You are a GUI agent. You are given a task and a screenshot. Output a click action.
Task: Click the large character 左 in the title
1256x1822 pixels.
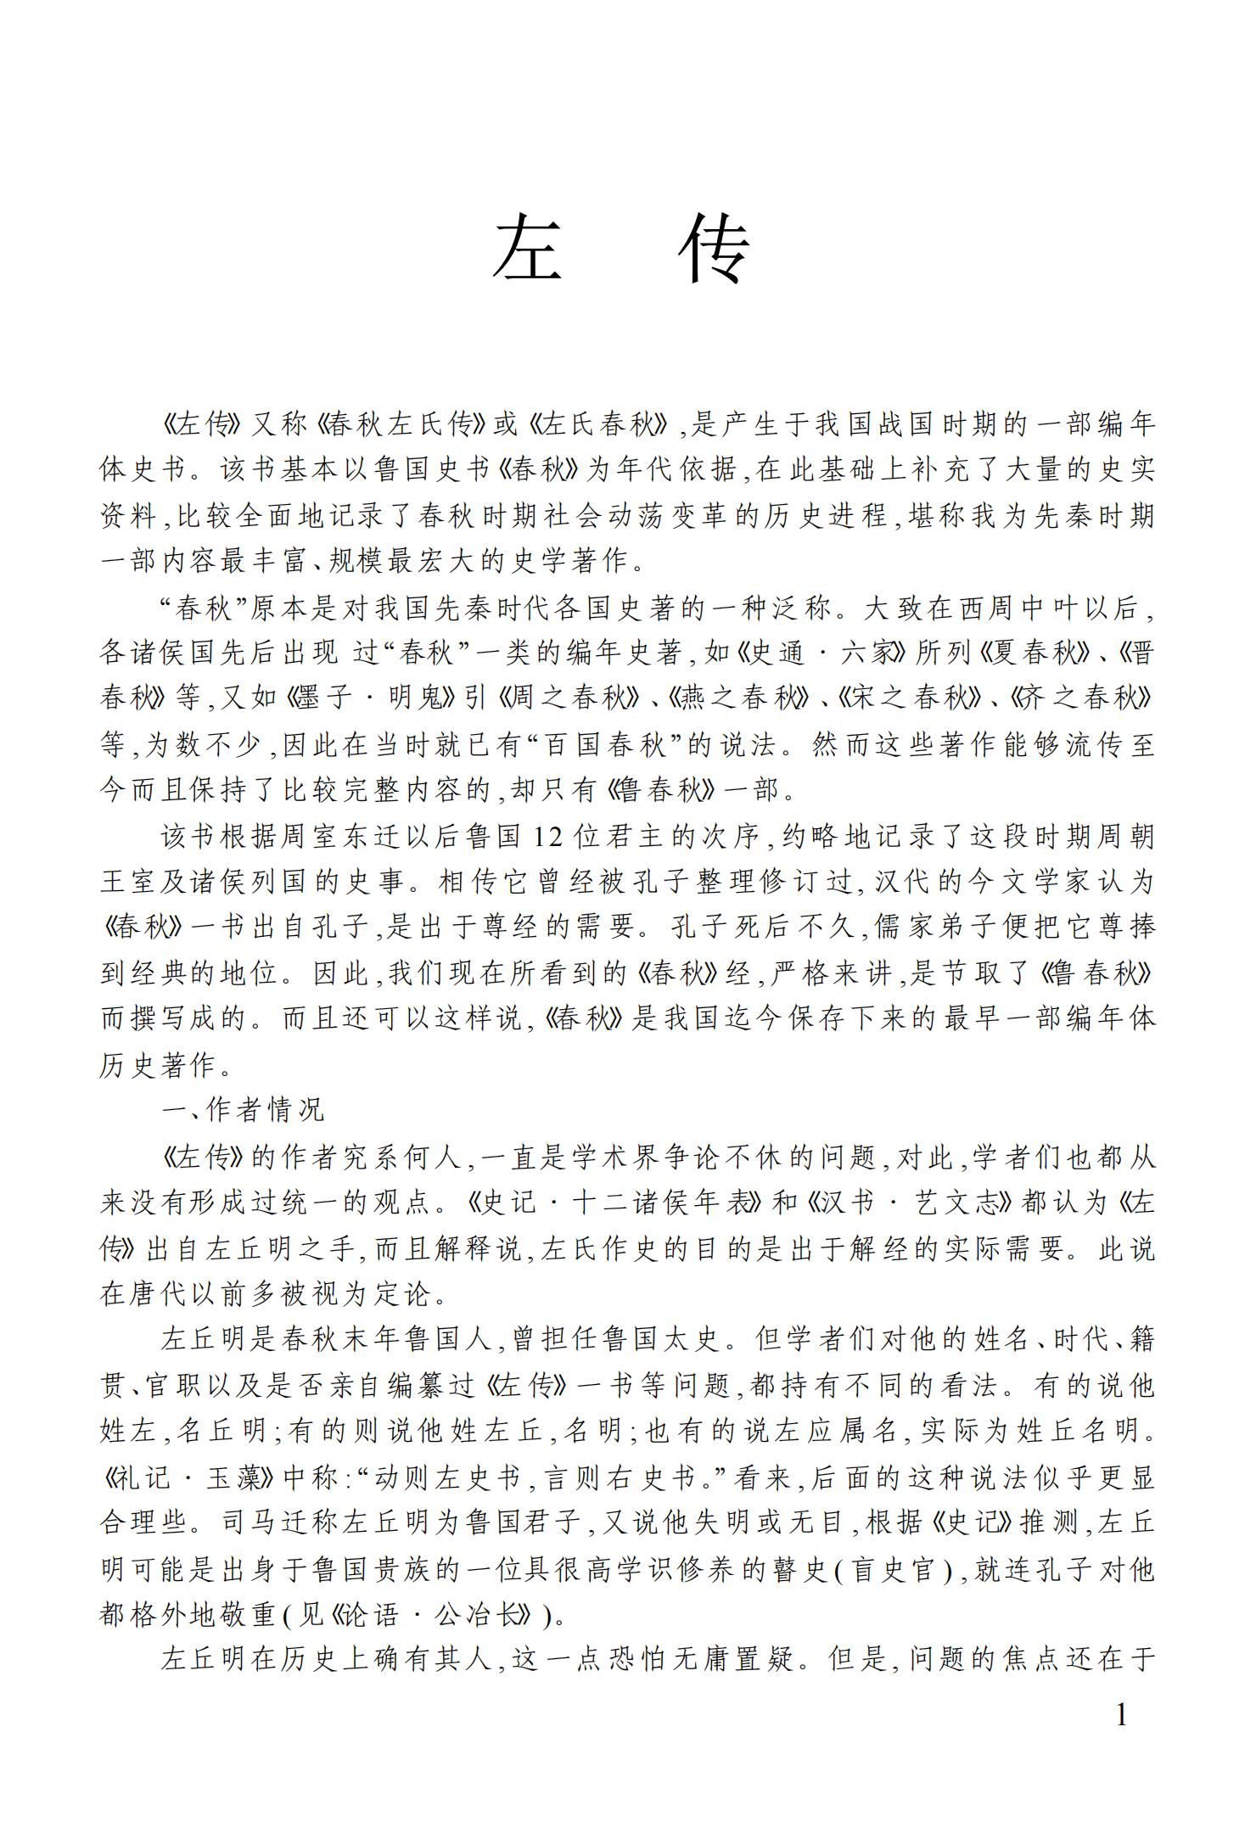(526, 247)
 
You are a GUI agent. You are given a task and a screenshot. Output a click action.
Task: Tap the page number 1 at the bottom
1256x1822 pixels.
(1121, 1715)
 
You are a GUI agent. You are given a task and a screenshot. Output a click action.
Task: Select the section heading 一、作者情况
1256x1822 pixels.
(244, 1109)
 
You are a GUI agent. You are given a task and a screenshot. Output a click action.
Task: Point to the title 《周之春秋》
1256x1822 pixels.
(569, 698)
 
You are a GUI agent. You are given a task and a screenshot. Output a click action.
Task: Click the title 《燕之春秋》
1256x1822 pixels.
(737, 698)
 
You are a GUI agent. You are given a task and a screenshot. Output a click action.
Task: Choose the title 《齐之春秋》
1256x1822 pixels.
(1083, 698)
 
